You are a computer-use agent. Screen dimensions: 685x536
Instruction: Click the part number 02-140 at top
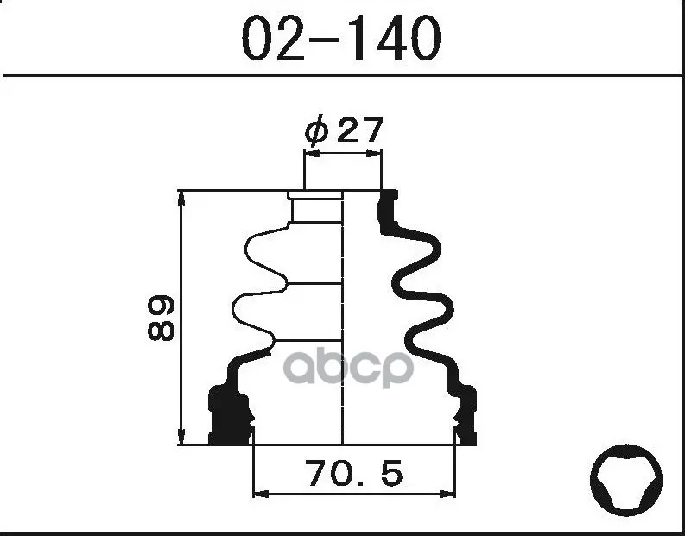pos(341,39)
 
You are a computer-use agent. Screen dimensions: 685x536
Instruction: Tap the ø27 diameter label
pos(344,129)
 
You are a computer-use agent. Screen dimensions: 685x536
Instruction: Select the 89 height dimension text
pos(162,318)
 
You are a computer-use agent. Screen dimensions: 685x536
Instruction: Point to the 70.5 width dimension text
pos(353,474)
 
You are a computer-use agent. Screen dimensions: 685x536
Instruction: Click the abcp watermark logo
pos(348,368)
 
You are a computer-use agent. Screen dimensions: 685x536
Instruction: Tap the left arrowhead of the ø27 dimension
pos(312,154)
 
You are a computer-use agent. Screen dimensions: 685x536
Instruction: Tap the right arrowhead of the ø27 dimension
pos(374,154)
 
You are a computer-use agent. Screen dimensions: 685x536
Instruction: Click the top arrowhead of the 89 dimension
pos(181,199)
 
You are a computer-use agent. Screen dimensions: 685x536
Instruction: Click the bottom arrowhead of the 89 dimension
pos(181,437)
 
